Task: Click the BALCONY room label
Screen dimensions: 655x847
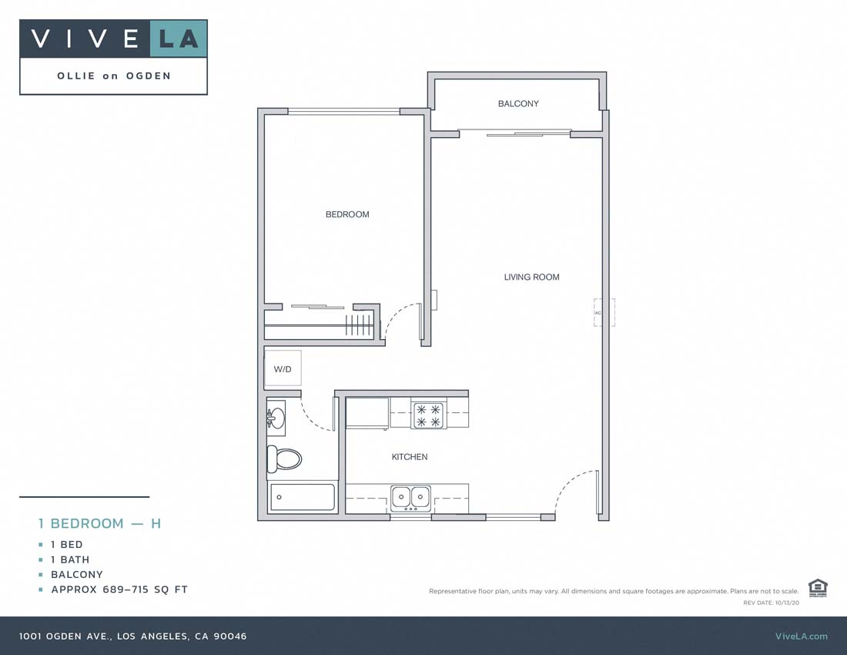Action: point(518,103)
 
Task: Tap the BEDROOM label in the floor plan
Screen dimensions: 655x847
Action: point(347,214)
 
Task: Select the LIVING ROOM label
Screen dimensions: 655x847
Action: point(531,277)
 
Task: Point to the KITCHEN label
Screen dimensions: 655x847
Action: point(410,457)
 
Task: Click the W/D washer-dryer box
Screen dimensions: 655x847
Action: point(283,369)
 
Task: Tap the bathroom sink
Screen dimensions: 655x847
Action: point(276,418)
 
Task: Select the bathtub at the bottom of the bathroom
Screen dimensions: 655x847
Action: point(302,497)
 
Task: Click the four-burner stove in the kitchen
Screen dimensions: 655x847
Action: point(429,415)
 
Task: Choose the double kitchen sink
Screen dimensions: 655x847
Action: point(410,498)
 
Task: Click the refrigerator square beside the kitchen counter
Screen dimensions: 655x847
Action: point(367,412)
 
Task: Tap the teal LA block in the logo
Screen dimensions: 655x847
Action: point(179,39)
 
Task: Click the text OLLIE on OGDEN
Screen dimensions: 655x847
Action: point(114,76)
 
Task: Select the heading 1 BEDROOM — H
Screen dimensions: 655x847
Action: point(100,523)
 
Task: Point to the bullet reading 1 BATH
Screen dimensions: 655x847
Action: point(70,559)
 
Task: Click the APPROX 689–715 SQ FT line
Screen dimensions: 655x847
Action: point(119,589)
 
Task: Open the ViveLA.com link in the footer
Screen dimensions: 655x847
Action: point(801,636)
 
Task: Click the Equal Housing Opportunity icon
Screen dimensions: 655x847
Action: point(818,588)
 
